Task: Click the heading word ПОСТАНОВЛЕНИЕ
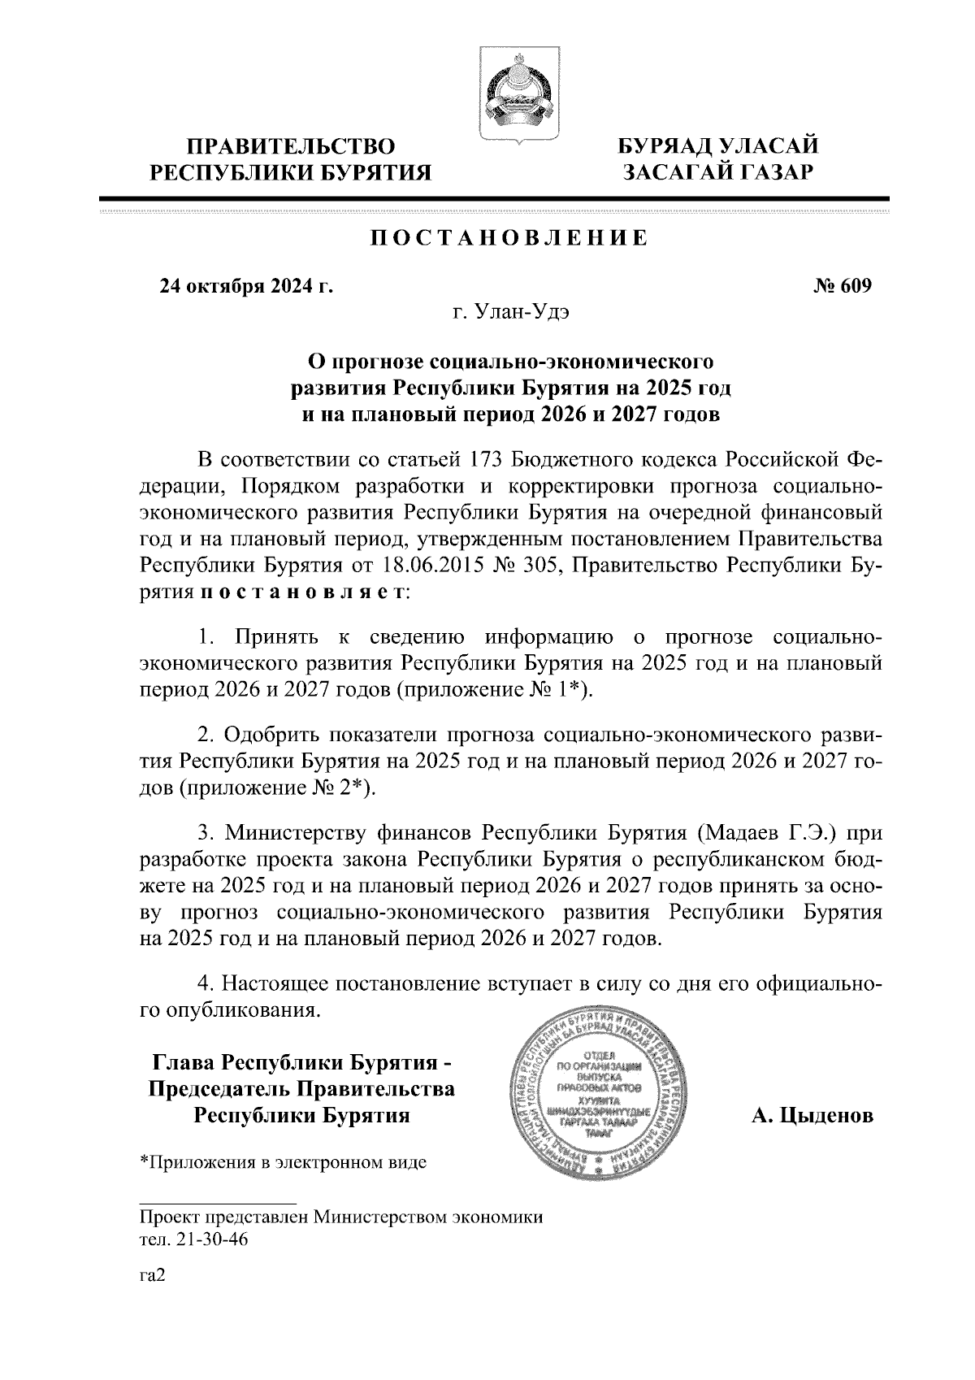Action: [509, 238]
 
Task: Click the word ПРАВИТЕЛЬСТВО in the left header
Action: [292, 147]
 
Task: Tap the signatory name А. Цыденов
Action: [812, 1116]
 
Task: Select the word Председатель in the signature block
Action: [215, 1089]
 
